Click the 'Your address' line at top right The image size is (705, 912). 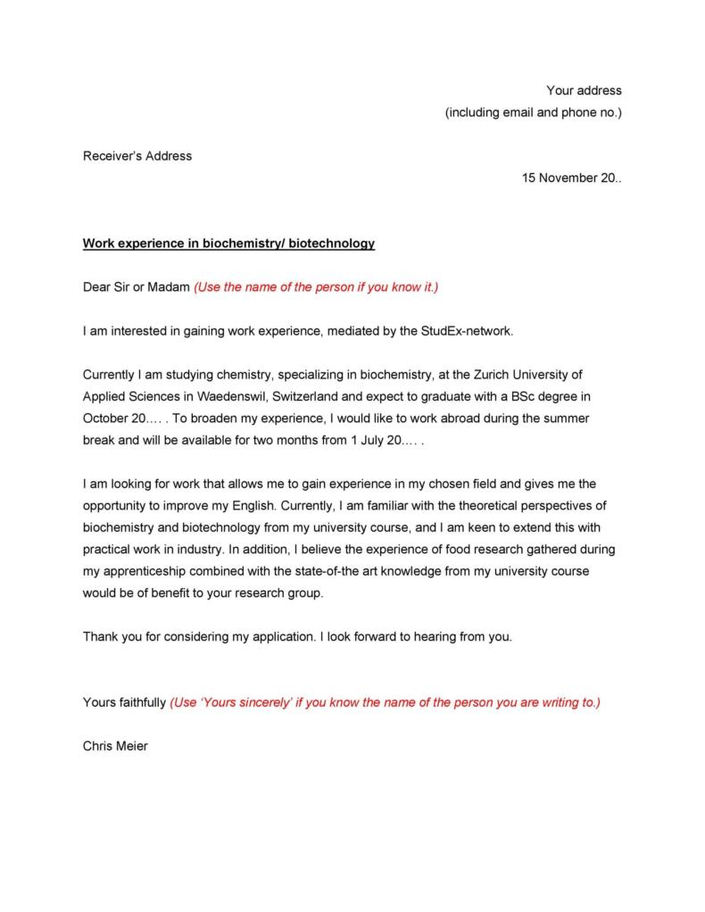584,90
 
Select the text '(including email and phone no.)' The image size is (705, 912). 533,112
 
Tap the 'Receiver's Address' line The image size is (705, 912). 137,155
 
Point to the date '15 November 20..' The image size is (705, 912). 571,178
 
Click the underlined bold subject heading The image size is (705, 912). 228,243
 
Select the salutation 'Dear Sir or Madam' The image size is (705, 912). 136,287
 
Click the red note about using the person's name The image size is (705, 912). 316,287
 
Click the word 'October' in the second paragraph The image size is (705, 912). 106,418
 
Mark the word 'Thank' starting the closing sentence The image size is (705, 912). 101,636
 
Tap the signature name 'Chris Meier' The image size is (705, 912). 115,746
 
